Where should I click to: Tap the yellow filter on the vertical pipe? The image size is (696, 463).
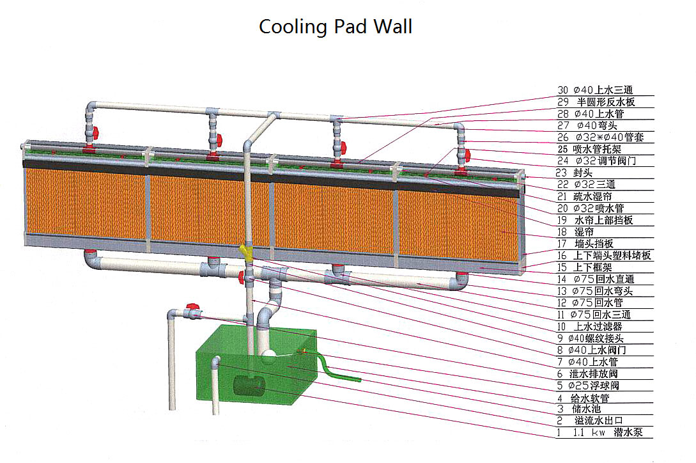(x=245, y=252)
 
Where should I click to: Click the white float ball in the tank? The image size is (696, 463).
(x=268, y=351)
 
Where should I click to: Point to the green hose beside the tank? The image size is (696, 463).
(x=338, y=373)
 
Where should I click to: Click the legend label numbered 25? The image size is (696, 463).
(x=594, y=149)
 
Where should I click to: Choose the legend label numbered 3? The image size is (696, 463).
(x=584, y=409)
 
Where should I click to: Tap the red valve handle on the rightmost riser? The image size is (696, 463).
(x=468, y=154)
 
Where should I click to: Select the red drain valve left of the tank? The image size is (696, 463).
(x=190, y=308)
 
